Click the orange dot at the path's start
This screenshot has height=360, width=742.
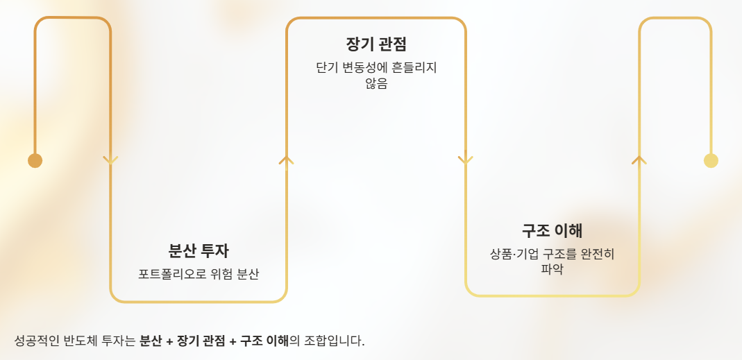35,160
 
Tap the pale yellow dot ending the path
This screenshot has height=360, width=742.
711,160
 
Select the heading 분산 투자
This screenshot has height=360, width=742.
199,250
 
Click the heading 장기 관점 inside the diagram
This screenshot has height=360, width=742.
376,44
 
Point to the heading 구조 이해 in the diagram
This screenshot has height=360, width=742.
552,231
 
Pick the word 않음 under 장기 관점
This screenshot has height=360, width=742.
376,83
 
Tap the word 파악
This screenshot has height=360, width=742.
552,269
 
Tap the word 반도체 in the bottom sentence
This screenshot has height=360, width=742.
81,341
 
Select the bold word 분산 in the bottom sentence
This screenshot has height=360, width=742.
151,341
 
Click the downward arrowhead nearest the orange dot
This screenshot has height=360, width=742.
110,160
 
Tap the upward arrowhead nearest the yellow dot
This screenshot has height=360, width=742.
639,160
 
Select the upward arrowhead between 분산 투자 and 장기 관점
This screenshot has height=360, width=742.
286,160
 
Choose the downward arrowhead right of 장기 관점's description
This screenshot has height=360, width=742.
465,160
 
